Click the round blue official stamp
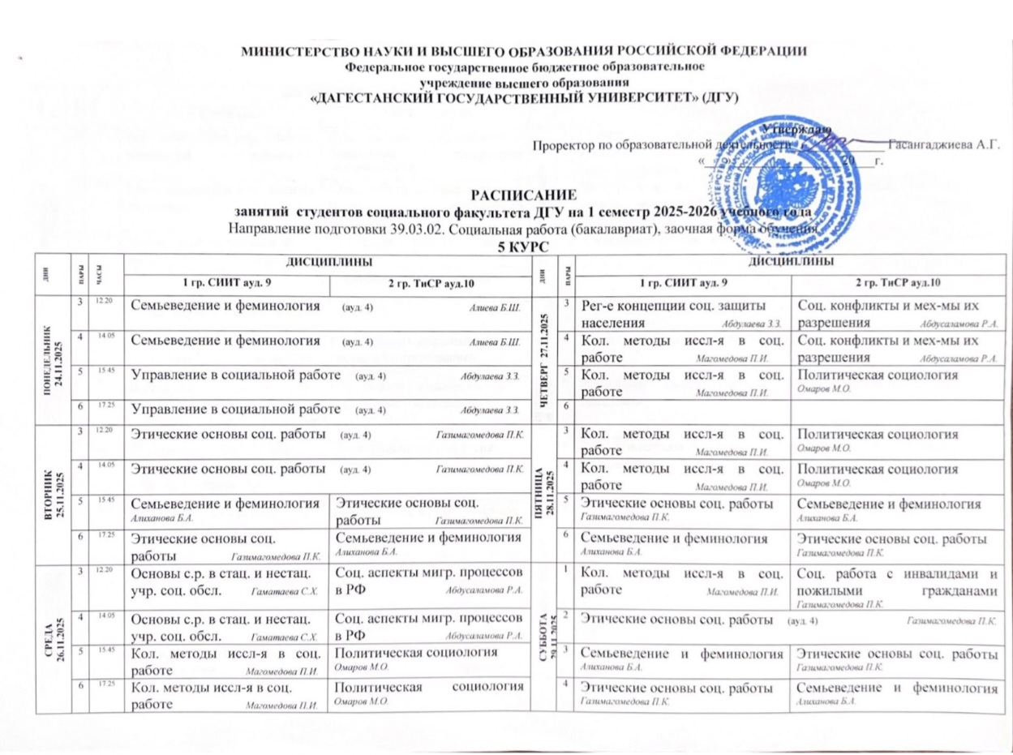click(778, 171)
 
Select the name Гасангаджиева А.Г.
click(944, 145)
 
